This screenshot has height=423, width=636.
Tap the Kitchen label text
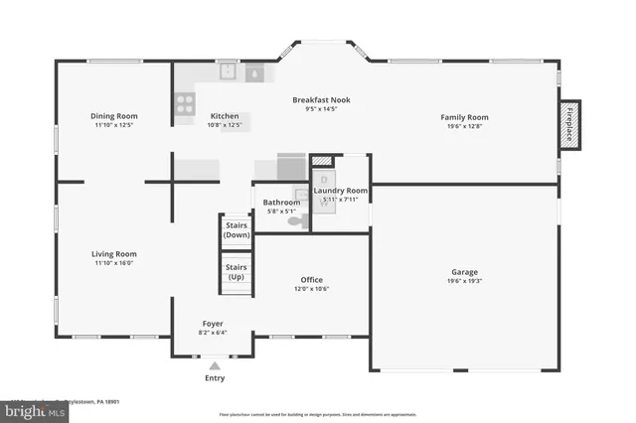coord(224,117)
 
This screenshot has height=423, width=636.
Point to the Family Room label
coord(464,117)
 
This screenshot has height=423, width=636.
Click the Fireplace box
coord(568,125)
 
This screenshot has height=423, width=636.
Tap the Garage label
coord(464,272)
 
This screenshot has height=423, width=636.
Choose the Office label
coord(311,280)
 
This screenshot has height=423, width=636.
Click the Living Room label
coord(113,254)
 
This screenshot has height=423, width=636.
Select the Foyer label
coord(213,324)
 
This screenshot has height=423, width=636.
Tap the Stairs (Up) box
coord(237,271)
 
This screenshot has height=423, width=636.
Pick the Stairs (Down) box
coord(237,230)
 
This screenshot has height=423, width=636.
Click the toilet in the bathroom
coord(295,221)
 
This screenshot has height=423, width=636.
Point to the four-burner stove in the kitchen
coord(185,102)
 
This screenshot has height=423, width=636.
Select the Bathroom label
coord(281,203)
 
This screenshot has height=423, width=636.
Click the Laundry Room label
coord(341,190)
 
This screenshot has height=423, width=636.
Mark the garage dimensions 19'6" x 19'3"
coord(464,281)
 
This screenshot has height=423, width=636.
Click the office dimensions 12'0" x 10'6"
coord(311,289)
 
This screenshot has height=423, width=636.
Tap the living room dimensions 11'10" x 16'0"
coord(113,263)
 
